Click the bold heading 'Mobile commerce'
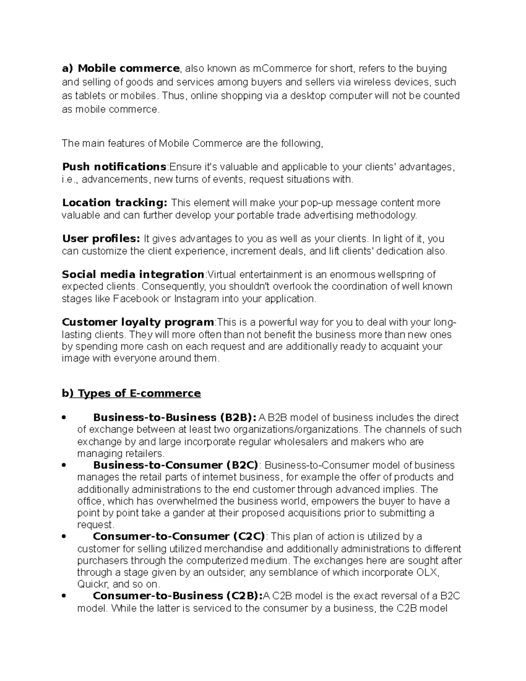click(128, 68)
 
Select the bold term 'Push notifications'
click(114, 167)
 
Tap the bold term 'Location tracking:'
click(115, 203)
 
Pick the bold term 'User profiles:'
click(101, 239)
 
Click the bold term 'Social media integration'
click(133, 275)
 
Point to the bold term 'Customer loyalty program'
click(138, 322)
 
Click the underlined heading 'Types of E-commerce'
click(139, 393)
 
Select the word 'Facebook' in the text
click(136, 299)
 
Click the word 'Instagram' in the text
click(196, 299)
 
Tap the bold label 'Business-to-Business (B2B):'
click(175, 417)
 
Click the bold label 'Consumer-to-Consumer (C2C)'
click(179, 537)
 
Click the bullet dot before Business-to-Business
click(64, 418)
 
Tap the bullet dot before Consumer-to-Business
click(64, 596)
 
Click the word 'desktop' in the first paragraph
click(308, 96)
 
